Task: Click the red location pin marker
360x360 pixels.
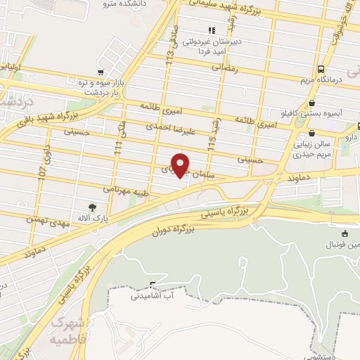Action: pyautogui.click(x=181, y=165)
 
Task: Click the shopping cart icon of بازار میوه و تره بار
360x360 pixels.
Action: pyautogui.click(x=101, y=72)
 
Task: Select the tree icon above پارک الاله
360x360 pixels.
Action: pyautogui.click(x=92, y=207)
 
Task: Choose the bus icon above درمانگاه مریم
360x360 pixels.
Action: pyautogui.click(x=321, y=69)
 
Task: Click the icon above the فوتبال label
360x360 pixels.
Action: pyautogui.click(x=344, y=234)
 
